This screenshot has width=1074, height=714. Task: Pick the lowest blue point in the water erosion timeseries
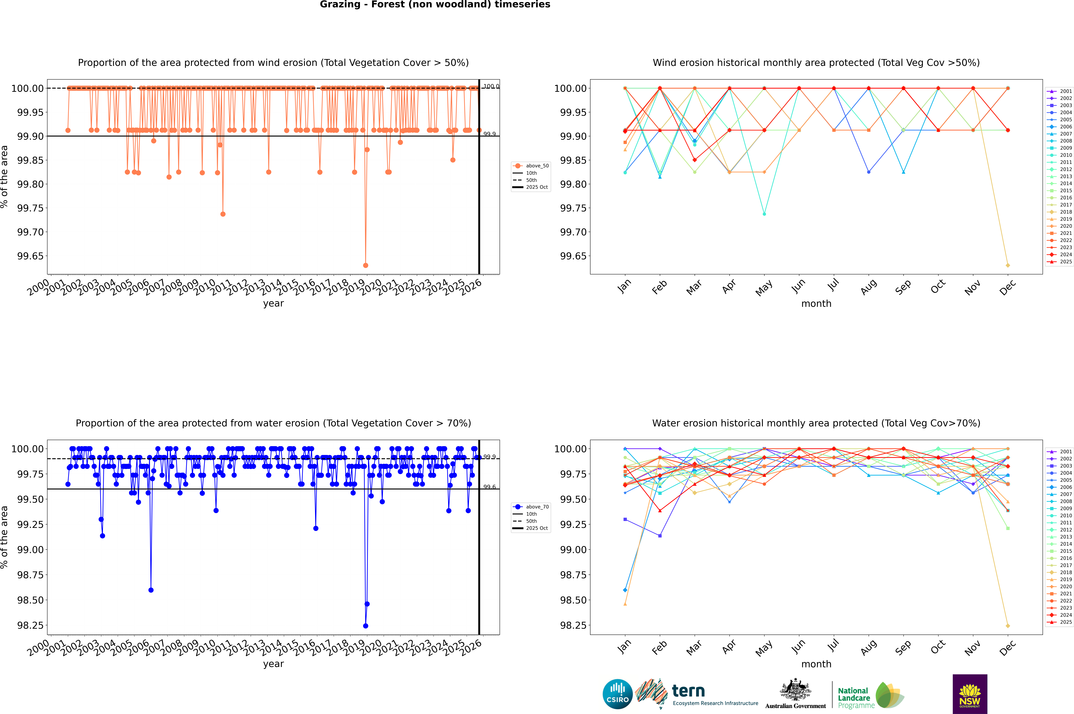366,626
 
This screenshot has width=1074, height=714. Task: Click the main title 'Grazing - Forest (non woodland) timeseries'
435,5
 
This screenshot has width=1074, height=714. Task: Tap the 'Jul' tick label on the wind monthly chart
833,285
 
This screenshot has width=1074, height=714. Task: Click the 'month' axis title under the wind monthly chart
816,304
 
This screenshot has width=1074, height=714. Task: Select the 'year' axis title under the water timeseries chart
273,664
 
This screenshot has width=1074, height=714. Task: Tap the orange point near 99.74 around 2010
223,214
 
